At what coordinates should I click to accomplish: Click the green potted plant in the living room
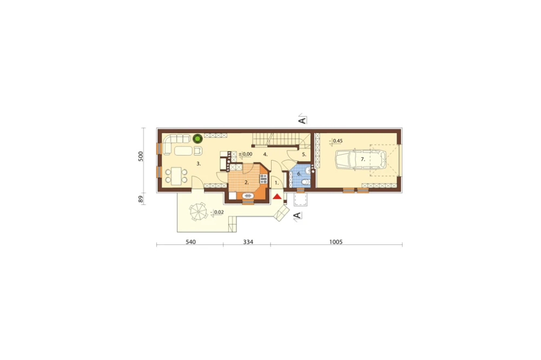[197, 138]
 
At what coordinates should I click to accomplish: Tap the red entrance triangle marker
[276, 197]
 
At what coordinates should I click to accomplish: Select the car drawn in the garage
[360, 159]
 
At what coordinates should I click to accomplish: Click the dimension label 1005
[335, 242]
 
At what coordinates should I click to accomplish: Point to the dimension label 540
[191, 242]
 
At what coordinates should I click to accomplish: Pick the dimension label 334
[248, 242]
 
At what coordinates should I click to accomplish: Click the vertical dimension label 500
[141, 156]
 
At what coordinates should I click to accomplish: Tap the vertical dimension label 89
[141, 199]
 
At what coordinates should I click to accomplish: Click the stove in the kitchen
[263, 178]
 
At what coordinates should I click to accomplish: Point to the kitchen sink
[248, 196]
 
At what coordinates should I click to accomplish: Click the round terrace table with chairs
[197, 211]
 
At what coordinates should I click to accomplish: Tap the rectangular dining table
[176, 176]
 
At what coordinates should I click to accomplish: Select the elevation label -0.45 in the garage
[336, 141]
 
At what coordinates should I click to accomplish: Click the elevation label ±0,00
[245, 154]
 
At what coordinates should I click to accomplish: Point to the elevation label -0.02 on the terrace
[217, 212]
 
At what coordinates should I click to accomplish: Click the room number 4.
[265, 155]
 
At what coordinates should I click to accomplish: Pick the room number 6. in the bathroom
[299, 174]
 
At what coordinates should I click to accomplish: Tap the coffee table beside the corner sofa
[183, 151]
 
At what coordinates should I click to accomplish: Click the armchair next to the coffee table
[198, 151]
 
